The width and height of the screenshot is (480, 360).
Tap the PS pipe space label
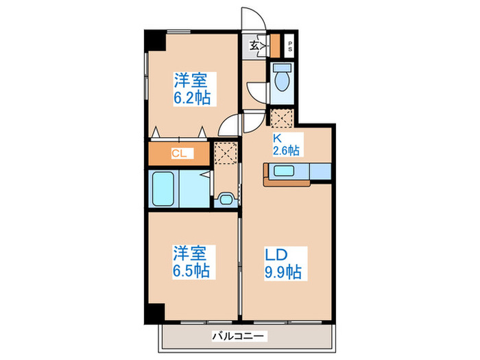(x=290, y=48)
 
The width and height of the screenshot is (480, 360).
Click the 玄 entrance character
(x=254, y=47)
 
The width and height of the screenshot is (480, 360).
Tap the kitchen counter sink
(x=284, y=171)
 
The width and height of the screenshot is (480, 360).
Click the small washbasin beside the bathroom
(x=225, y=200)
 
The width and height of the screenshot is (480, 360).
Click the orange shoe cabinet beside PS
(x=274, y=46)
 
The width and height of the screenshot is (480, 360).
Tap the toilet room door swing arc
(x=255, y=92)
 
